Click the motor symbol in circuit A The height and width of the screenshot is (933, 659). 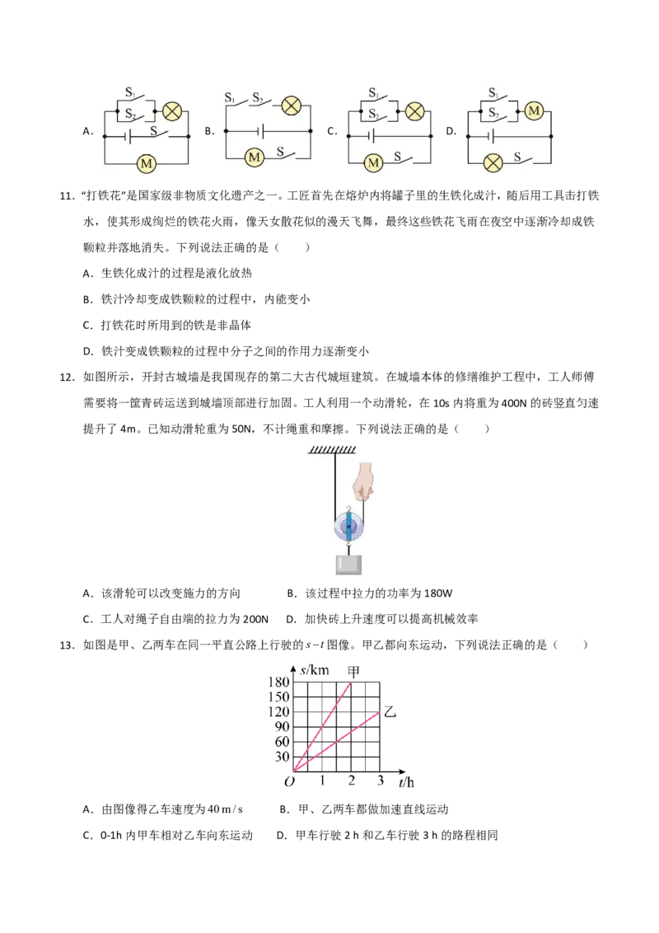pos(147,163)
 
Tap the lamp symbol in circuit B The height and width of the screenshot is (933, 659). pos(291,106)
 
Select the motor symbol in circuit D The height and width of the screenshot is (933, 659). pos(534,110)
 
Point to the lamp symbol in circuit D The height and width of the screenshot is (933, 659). pos(493,162)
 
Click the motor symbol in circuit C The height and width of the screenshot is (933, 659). pos(373,162)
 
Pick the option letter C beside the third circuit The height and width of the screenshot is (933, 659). pos(332,132)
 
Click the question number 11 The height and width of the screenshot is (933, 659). pos(67,196)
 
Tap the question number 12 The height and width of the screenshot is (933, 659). pos(67,377)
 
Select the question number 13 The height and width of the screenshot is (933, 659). pos(67,645)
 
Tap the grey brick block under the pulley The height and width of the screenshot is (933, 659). pos(348,564)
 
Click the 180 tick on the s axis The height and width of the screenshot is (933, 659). pos(278,682)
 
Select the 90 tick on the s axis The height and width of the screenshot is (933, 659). pos(282,726)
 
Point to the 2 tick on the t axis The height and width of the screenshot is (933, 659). pos(352,780)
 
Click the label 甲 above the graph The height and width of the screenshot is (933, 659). pos(353,671)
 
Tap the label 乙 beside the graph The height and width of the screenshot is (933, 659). pos(390,711)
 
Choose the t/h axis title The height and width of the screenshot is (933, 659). pos(407,782)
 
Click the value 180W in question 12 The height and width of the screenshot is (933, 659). pos(438,593)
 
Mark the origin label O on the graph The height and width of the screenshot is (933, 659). pos(290,781)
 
